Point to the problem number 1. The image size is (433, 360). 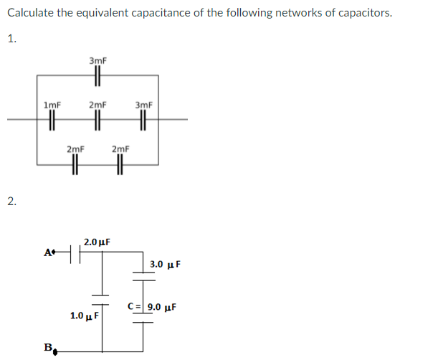(11, 39)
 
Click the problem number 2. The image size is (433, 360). (11, 200)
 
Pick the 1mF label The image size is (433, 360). (52, 105)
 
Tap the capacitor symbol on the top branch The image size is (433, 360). (98, 75)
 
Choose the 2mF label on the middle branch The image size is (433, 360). (98, 105)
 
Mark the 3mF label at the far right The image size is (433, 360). (143, 105)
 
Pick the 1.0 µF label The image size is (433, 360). (84, 316)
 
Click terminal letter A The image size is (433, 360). (48, 252)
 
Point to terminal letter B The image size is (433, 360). (48, 347)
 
